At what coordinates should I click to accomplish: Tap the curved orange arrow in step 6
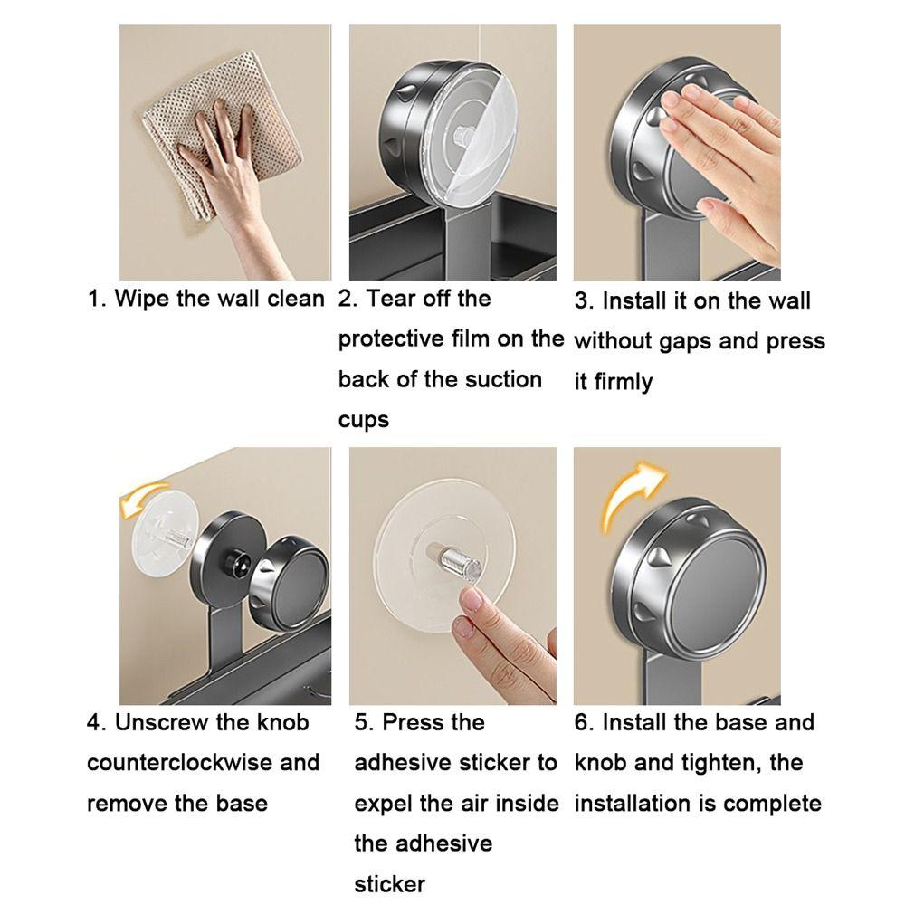click(628, 491)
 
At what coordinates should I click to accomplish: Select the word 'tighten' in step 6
click(722, 764)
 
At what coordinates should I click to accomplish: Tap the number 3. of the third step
click(584, 301)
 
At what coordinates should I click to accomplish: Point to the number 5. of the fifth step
click(365, 723)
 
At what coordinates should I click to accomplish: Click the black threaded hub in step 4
click(235, 562)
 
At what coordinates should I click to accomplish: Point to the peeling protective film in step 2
click(474, 139)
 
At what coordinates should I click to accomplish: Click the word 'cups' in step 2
click(364, 420)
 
